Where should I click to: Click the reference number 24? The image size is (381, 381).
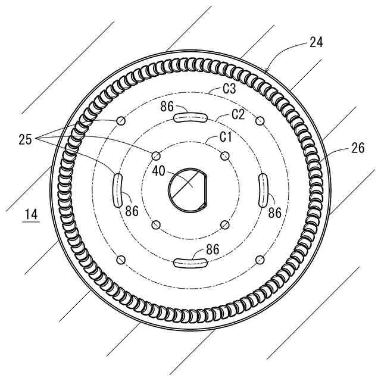coord(316,42)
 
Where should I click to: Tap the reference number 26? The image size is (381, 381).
coord(358,148)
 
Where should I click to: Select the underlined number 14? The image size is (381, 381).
coord(32,214)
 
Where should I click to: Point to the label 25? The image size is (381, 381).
coord(25,139)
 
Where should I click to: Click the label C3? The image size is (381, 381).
coord(229,89)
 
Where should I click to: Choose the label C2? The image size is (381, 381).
coord(238,114)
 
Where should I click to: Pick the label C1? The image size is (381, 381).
coord(226,137)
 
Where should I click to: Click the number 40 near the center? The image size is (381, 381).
coord(159,171)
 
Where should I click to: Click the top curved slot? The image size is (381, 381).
coord(190,117)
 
